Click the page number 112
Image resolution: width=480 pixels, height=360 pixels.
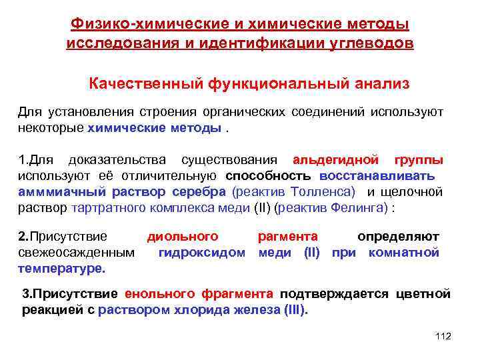442,337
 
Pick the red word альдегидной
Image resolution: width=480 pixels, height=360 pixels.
336,161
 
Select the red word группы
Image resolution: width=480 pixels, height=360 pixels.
419,161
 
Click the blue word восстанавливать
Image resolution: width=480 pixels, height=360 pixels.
377,176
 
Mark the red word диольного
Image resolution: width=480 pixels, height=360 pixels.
183,237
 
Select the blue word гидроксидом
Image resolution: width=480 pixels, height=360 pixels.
202,253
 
